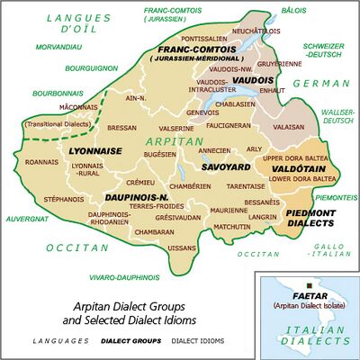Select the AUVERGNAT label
pyautogui.click(x=24, y=217)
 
